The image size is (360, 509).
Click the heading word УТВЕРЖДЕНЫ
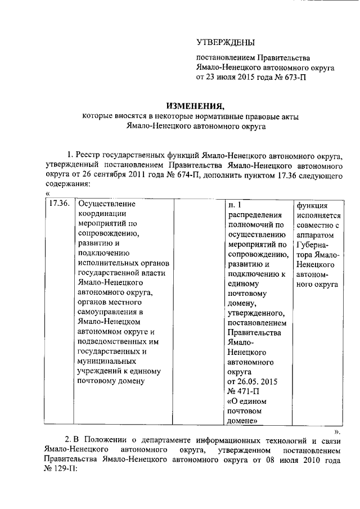[225, 43]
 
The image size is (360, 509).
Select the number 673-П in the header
[295, 78]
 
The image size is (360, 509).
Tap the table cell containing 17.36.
[59, 204]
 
